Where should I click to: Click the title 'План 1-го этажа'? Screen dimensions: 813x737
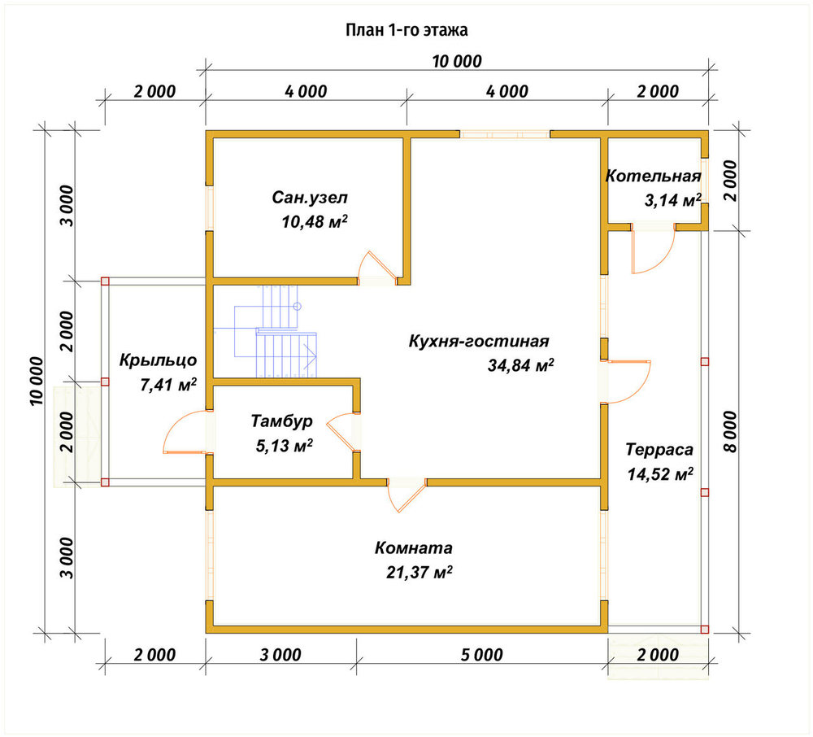406,30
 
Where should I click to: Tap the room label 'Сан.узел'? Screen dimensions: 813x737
310,198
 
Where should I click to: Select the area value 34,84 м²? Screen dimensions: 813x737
520,365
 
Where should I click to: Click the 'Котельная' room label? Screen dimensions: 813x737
654,176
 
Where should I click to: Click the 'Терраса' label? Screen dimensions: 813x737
659,449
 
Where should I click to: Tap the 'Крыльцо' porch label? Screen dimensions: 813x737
159,360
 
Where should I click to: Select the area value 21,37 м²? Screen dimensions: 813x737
419,572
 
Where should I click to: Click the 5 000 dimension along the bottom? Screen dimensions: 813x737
481,655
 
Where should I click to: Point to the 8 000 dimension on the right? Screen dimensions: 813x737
729,431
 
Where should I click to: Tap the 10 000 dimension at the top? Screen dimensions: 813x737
457,61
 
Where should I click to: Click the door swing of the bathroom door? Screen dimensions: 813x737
377,264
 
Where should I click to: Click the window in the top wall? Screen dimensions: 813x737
505,134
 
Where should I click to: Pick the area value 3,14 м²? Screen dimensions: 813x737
672,200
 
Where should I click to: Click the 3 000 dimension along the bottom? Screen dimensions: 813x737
280,655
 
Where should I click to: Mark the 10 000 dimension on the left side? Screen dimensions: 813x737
37,381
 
